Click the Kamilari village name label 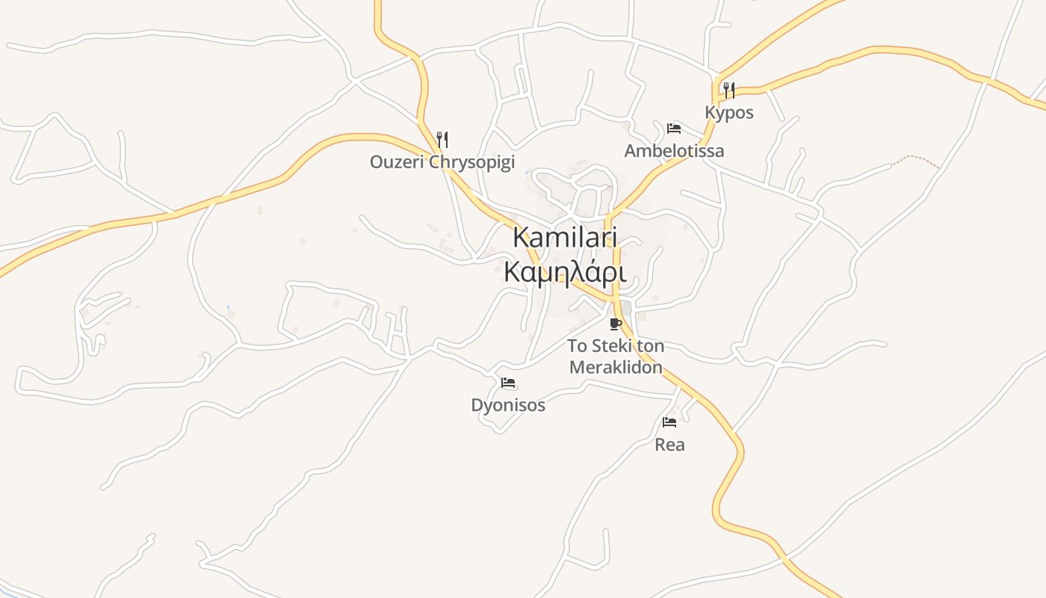565,237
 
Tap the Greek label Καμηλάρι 565,271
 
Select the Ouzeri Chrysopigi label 442,161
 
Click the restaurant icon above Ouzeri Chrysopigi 442,139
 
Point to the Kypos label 729,113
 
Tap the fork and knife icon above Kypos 729,90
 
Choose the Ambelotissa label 674,151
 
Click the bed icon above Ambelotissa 674,128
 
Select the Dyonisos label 508,405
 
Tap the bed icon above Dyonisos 508,383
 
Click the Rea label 669,445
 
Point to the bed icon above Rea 669,422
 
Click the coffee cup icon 616,324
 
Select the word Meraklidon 616,367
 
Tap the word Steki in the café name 610,346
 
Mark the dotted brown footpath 916,159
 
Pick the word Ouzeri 393,161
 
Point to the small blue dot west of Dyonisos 228,306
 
